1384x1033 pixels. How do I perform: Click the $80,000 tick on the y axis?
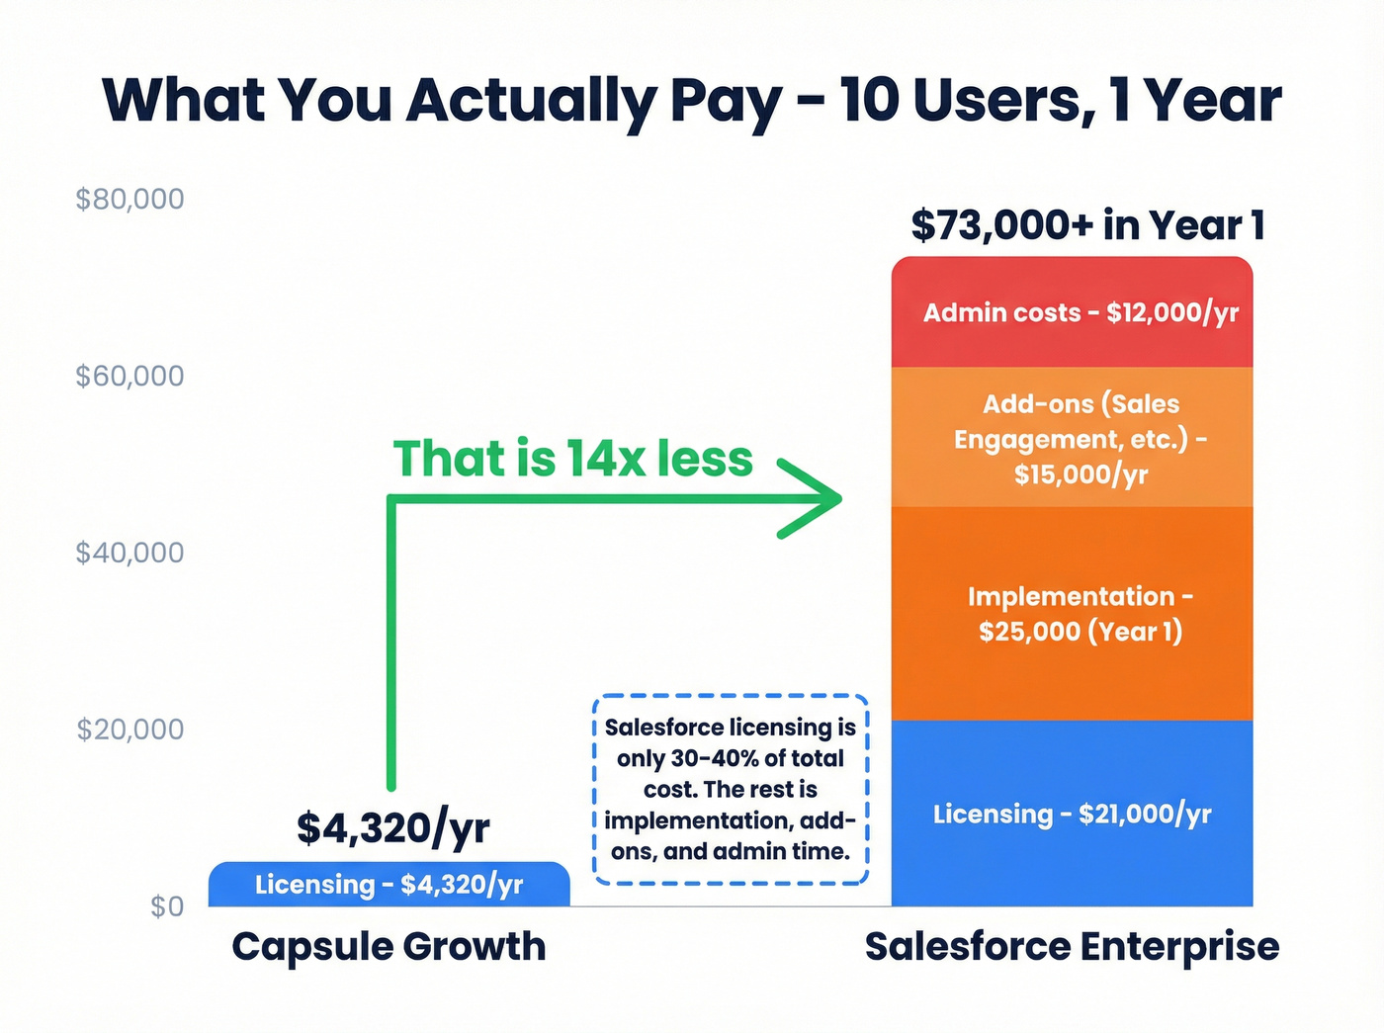tap(130, 200)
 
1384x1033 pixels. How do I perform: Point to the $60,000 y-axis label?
tap(130, 377)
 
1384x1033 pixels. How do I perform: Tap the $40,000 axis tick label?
tap(130, 553)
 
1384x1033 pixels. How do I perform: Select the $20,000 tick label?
tap(130, 730)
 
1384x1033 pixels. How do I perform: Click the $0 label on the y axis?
tap(167, 906)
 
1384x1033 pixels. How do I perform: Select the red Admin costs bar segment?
tap(1072, 312)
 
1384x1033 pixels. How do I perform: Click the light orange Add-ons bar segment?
tap(1072, 438)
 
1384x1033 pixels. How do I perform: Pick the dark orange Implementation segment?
tap(1072, 614)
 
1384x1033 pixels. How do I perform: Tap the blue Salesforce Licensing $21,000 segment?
tap(1072, 814)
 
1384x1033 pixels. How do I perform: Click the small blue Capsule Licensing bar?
tap(389, 885)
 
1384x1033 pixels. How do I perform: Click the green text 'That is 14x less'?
tap(573, 459)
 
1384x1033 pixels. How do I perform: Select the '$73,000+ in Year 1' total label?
tap(1087, 225)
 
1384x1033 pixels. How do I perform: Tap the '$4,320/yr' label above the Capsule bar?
tap(393, 827)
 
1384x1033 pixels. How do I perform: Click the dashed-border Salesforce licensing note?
tap(731, 789)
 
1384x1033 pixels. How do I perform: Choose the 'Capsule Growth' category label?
tap(389, 947)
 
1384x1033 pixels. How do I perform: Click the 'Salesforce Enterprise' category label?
tap(1072, 947)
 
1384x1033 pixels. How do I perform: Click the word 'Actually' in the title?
tap(530, 102)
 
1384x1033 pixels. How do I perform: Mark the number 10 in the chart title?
tap(871, 100)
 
